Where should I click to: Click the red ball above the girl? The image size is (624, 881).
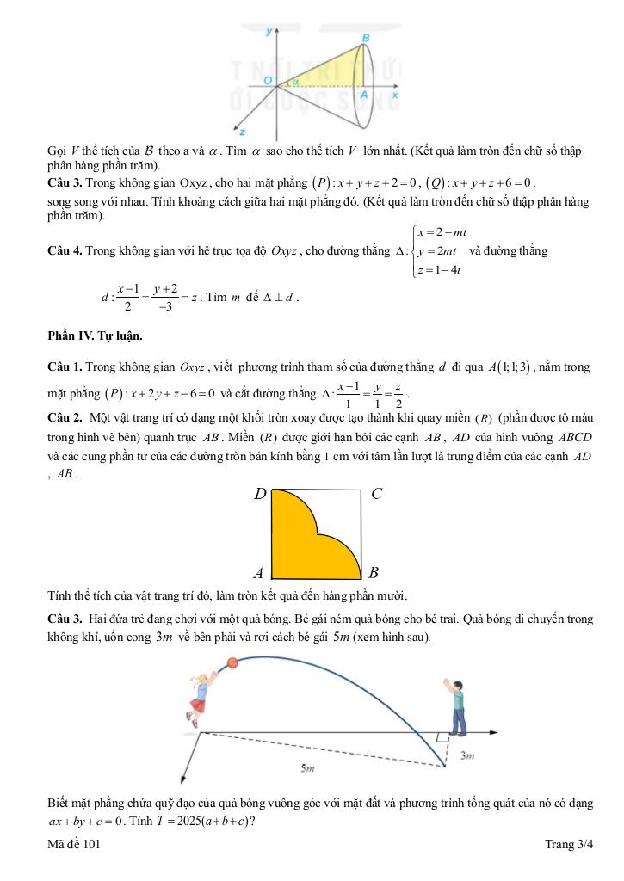tap(232, 662)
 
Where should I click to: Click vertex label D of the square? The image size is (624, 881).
tap(260, 495)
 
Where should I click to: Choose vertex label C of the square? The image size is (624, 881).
tap(376, 494)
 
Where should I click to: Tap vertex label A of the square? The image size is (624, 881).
tap(258, 573)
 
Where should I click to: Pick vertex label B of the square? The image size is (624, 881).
tap(374, 573)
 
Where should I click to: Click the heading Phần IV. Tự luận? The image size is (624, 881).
tap(96, 336)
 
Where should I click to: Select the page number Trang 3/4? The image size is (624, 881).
tap(569, 846)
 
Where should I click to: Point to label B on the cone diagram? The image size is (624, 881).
tap(366, 39)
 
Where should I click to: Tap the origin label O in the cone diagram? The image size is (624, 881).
tap(269, 80)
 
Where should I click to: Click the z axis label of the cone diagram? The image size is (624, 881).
tap(244, 132)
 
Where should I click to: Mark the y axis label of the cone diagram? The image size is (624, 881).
tap(269, 31)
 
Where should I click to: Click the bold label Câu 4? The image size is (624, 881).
tap(65, 251)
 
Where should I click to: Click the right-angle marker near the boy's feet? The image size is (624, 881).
tap(442, 737)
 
